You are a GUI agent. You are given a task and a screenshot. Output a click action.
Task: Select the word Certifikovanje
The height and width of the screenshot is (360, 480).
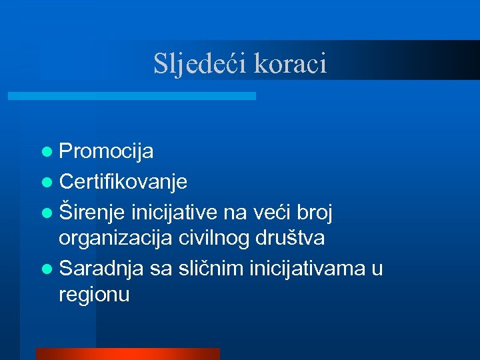pyautogui.click(x=123, y=181)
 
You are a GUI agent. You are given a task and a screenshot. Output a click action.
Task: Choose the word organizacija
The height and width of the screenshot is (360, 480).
pyautogui.click(x=116, y=239)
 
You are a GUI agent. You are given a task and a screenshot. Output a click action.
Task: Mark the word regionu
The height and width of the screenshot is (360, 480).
pyautogui.click(x=94, y=295)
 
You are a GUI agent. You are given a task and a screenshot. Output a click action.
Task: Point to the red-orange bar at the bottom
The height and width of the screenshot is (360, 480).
pyautogui.click(x=127, y=354)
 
